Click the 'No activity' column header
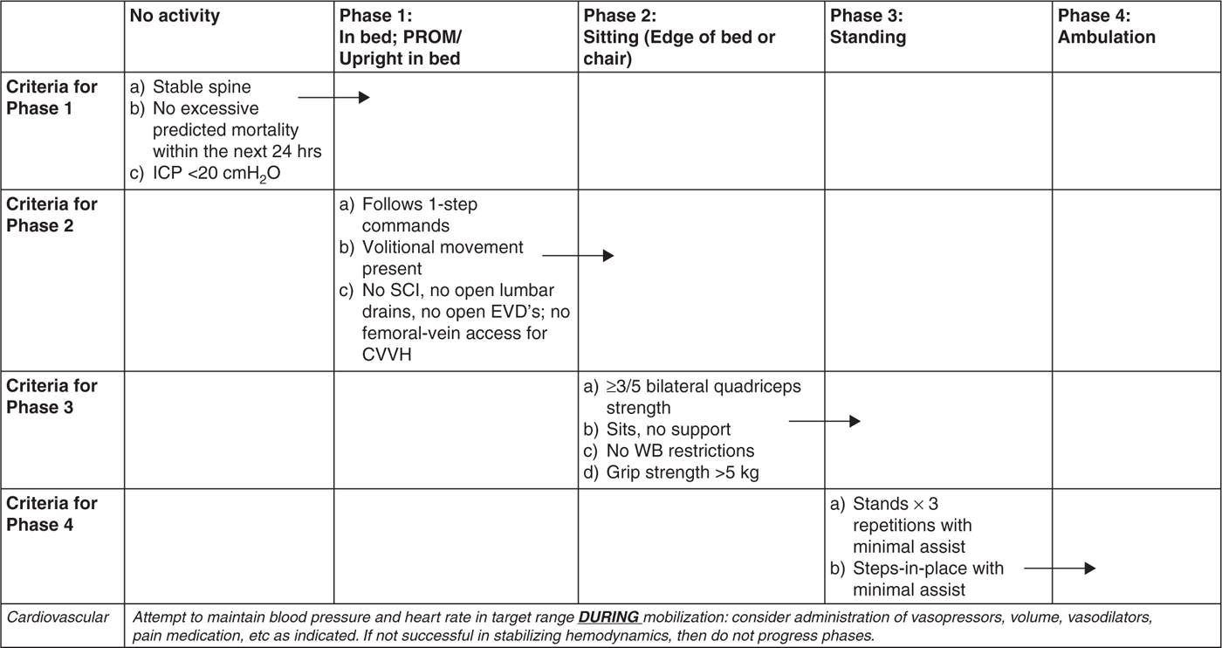pos(175,16)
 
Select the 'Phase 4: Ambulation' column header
pos(1106,27)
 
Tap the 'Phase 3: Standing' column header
pos(867,27)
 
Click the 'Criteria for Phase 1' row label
pos(52,97)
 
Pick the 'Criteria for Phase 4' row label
pos(52,514)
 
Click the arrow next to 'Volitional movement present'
pos(578,256)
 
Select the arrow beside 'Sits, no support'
pos(825,421)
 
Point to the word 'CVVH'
pos(386,353)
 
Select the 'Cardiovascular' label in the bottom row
pos(58,617)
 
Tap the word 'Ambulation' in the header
pos(1106,37)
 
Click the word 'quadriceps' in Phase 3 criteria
pos(759,386)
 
